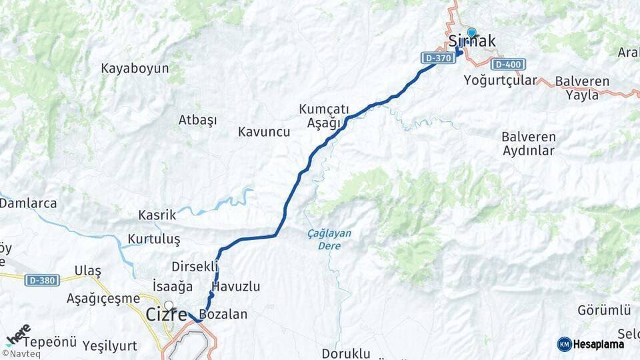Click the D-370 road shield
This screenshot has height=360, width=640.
(x=439, y=58)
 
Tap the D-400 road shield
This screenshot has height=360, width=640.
(x=508, y=65)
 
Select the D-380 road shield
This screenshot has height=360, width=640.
(x=41, y=280)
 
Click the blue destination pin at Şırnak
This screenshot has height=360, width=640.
(x=471, y=33)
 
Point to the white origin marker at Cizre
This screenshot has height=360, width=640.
(x=169, y=306)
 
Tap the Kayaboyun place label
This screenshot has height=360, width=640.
(x=135, y=68)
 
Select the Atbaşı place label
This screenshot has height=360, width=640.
(x=197, y=120)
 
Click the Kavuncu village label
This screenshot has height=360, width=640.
(x=264, y=132)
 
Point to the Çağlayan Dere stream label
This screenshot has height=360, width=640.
(x=329, y=239)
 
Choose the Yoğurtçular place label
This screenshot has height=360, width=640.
(x=500, y=81)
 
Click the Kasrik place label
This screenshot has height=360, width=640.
(x=157, y=215)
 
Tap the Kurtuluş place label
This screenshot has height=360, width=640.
(x=154, y=239)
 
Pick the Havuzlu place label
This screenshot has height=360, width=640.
(x=236, y=287)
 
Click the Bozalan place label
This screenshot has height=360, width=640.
(x=223, y=314)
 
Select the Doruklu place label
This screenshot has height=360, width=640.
(x=345, y=353)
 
